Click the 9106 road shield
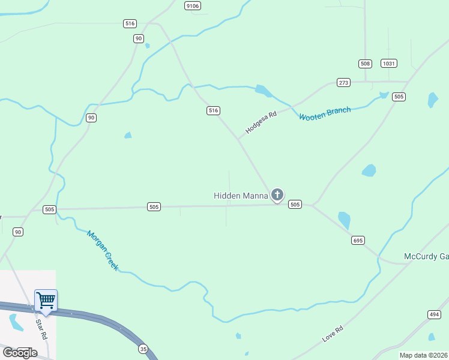(x=193, y=5)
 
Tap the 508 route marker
(x=366, y=64)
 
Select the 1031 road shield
(x=389, y=64)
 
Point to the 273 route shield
(x=343, y=83)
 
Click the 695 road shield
(x=358, y=240)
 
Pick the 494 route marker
(x=434, y=314)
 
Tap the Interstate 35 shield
(x=142, y=349)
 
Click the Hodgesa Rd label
(x=261, y=122)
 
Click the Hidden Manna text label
(x=240, y=196)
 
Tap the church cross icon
(x=277, y=194)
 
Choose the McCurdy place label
(x=426, y=256)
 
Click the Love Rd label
(x=333, y=334)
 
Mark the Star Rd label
(x=41, y=329)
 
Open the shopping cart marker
(x=46, y=301)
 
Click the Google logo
(x=19, y=352)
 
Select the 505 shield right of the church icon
(x=295, y=205)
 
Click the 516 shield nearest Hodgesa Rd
(x=213, y=110)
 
